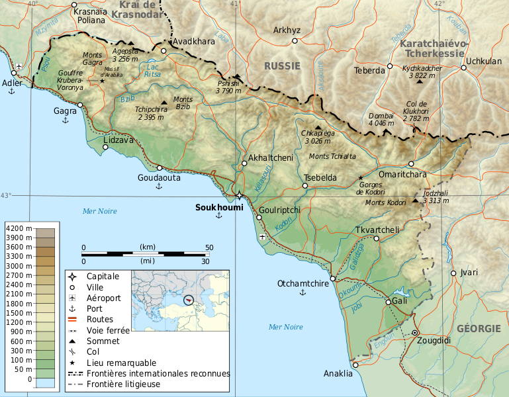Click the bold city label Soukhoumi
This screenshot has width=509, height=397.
click(219, 207)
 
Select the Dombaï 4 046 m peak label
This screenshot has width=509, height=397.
click(381, 119)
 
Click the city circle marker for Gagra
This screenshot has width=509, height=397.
click(80, 105)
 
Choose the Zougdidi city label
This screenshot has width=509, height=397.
click(415, 341)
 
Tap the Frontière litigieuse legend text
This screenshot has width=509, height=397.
click(124, 384)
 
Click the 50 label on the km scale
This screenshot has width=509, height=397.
click(208, 247)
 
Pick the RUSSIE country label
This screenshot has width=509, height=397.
click(282, 66)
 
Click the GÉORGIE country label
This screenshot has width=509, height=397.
click(479, 329)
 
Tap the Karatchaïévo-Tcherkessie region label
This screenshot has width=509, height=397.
click(434, 47)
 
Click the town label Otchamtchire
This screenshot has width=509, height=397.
click(303, 284)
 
